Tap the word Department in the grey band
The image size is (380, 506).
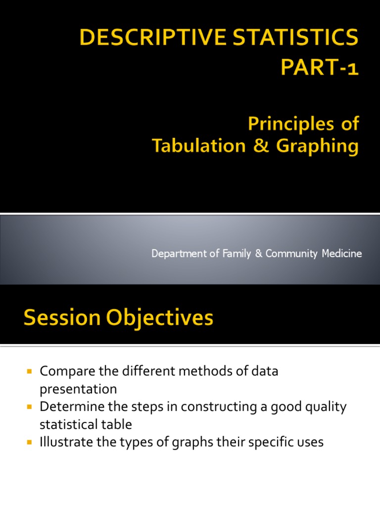click(175, 253)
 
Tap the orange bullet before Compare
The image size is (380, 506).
click(29, 371)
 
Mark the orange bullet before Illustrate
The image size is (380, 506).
click(29, 441)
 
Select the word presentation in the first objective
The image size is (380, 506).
click(78, 389)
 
